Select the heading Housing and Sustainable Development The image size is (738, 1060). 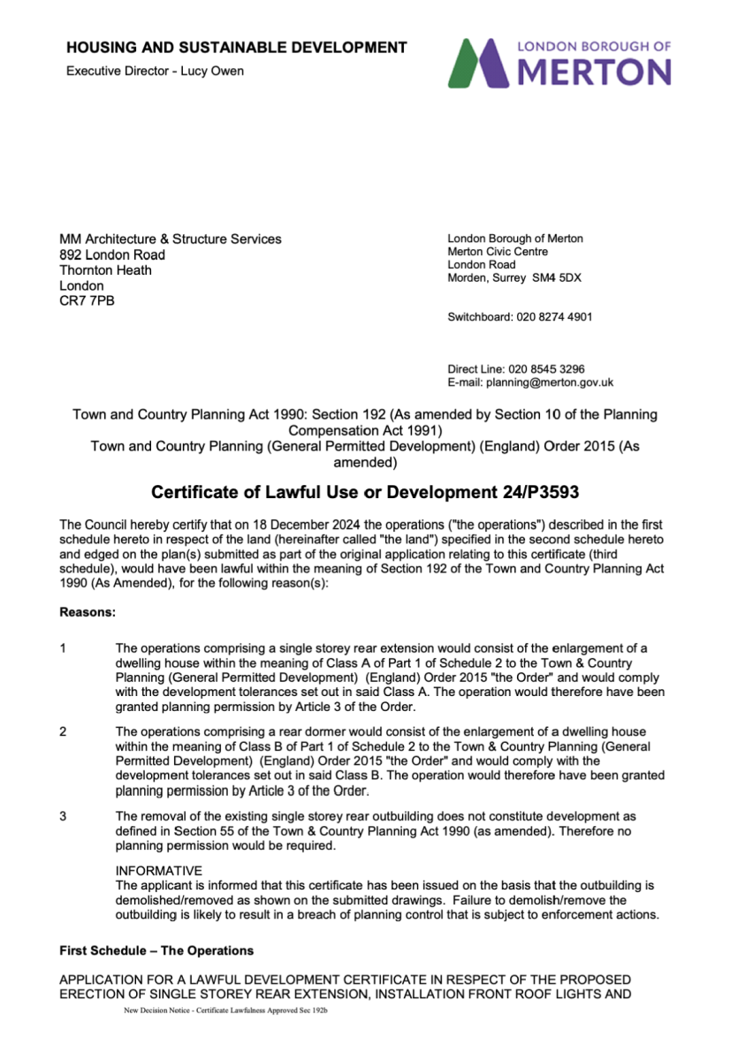tap(237, 48)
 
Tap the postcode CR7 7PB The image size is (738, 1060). tap(87, 301)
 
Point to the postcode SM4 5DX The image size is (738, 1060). tap(557, 278)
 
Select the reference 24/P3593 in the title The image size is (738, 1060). tap(537, 490)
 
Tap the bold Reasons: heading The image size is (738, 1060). tap(87, 611)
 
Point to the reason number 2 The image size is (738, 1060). tap(64, 731)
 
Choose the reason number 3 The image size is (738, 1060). tap(64, 816)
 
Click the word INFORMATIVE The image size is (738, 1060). tap(158, 871)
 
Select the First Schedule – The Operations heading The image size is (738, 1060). tap(156, 950)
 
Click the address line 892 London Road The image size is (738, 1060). tap(111, 254)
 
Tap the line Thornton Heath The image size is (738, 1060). tap(105, 270)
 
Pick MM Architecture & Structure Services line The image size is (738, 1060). tap(171, 238)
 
